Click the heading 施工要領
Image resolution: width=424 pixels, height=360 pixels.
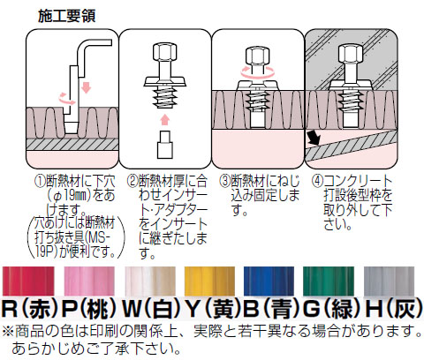click(67, 16)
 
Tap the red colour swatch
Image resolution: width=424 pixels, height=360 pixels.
click(28, 281)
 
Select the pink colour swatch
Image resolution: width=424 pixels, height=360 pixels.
click(89, 281)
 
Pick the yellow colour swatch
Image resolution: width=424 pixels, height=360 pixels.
click(209, 281)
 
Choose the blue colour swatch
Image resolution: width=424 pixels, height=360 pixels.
click(269, 281)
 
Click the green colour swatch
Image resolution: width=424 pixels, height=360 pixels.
click(329, 281)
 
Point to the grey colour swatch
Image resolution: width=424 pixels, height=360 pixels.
click(389, 281)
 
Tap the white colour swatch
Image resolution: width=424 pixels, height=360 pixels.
click(150, 281)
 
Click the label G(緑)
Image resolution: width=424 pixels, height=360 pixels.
click(332, 309)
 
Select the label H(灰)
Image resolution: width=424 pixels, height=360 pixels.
click(394, 309)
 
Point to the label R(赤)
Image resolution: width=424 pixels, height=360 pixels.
click(30, 309)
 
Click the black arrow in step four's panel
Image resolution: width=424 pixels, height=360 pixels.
click(313, 138)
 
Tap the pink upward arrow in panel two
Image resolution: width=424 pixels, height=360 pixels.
click(165, 120)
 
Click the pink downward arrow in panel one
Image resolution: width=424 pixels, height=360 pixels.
click(86, 87)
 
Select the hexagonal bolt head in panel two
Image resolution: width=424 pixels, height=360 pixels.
click(165, 52)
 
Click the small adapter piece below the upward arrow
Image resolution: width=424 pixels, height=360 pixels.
click(165, 145)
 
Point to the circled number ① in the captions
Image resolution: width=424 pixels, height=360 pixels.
click(40, 181)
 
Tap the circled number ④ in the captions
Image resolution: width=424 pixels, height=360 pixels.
click(317, 181)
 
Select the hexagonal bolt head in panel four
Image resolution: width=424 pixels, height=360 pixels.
click(351, 53)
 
